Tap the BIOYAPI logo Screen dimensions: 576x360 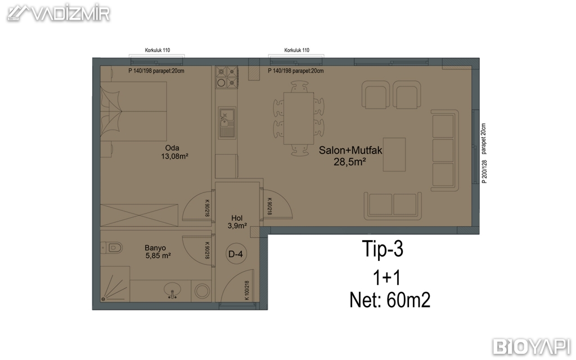coord(532,346)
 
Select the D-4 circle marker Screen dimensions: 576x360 coord(236,254)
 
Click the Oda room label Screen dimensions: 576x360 coord(172,148)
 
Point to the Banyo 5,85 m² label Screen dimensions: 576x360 coord(157,251)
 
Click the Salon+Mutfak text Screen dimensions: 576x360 coord(350,150)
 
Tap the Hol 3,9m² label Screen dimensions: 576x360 coord(237,222)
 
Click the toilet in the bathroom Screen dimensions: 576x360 coord(112,248)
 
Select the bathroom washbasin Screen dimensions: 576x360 coord(172,290)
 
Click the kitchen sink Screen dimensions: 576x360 coord(227,123)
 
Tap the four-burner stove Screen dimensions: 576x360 coord(227,77)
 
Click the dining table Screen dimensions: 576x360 coord(299,118)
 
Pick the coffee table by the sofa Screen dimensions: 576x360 coord(394,154)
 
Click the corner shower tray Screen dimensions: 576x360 coord(115,284)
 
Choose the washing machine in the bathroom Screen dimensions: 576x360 coord(202,291)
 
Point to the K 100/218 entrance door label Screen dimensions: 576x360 coord(247,290)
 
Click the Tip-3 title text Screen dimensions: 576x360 coord(382,249)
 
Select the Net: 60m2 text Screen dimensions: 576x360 coord(390,300)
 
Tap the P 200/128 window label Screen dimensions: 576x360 coord(484,172)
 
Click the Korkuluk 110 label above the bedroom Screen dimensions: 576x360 coord(157,50)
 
